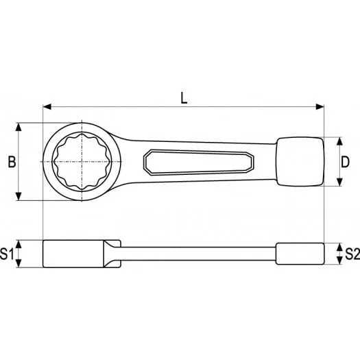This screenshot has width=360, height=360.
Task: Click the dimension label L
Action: point(184,98)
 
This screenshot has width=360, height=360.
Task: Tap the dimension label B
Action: point(12,161)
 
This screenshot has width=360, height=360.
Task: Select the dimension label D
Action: point(345,162)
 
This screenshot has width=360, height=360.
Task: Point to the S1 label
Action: point(7,254)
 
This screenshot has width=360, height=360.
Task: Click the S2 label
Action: point(352,254)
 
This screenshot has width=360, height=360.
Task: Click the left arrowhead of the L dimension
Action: point(47,106)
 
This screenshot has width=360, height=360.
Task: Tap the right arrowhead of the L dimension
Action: point(320,106)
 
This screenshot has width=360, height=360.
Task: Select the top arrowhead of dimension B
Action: point(19,127)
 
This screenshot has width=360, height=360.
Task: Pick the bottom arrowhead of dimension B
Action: point(19,197)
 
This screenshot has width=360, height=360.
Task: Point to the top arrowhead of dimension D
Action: point(339,141)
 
